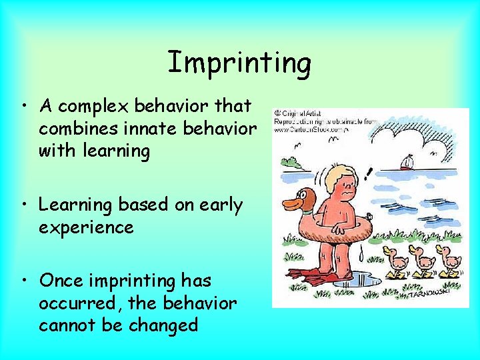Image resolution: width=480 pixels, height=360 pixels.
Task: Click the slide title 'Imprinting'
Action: [239, 63]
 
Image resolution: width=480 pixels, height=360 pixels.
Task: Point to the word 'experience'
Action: [86, 228]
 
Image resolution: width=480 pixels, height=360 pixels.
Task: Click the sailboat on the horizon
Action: [407, 162]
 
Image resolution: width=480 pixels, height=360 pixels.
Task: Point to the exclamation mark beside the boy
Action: [368, 175]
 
